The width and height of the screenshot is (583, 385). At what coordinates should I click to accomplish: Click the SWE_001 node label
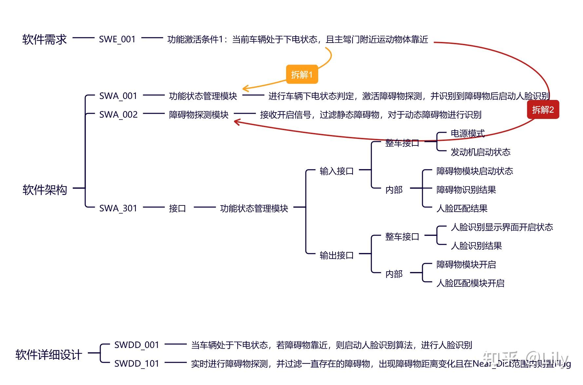pyautogui.click(x=117, y=39)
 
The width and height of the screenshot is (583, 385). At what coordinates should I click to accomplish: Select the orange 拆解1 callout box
pyautogui.click(x=302, y=75)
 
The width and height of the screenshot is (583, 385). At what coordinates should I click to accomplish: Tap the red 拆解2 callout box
pyautogui.click(x=543, y=110)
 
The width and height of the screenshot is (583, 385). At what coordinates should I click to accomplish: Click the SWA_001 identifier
pyautogui.click(x=118, y=96)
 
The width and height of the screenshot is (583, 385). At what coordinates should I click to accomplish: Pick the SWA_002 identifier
pyautogui.click(x=118, y=115)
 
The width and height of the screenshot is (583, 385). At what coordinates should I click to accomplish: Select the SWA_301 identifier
pyautogui.click(x=118, y=208)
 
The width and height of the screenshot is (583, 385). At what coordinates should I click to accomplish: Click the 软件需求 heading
pyautogui.click(x=45, y=39)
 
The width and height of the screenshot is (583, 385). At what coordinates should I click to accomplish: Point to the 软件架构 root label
pyautogui.click(x=45, y=190)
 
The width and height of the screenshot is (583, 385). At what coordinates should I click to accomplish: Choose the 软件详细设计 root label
pyautogui.click(x=49, y=355)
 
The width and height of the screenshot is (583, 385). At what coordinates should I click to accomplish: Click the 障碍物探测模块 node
pyautogui.click(x=199, y=115)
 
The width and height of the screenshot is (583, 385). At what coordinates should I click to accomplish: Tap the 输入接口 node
pyautogui.click(x=337, y=171)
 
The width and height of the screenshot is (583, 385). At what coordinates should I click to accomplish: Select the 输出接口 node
pyautogui.click(x=337, y=255)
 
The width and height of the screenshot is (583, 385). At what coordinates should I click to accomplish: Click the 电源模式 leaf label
pyautogui.click(x=468, y=133)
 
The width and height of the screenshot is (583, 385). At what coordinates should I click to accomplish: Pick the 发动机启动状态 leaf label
pyautogui.click(x=480, y=152)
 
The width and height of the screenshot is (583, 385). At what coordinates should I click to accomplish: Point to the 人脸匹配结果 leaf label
pyautogui.click(x=462, y=208)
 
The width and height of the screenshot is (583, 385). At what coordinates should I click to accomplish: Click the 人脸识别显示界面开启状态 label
pyautogui.click(x=502, y=227)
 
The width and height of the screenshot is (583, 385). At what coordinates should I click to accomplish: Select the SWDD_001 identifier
pyautogui.click(x=137, y=345)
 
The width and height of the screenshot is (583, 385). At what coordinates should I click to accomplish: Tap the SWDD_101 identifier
pyautogui.click(x=137, y=364)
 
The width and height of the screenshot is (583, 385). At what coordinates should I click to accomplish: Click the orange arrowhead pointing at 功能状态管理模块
pyautogui.click(x=244, y=88)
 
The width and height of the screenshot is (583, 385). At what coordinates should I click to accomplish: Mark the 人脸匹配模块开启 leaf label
pyautogui.click(x=470, y=283)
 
